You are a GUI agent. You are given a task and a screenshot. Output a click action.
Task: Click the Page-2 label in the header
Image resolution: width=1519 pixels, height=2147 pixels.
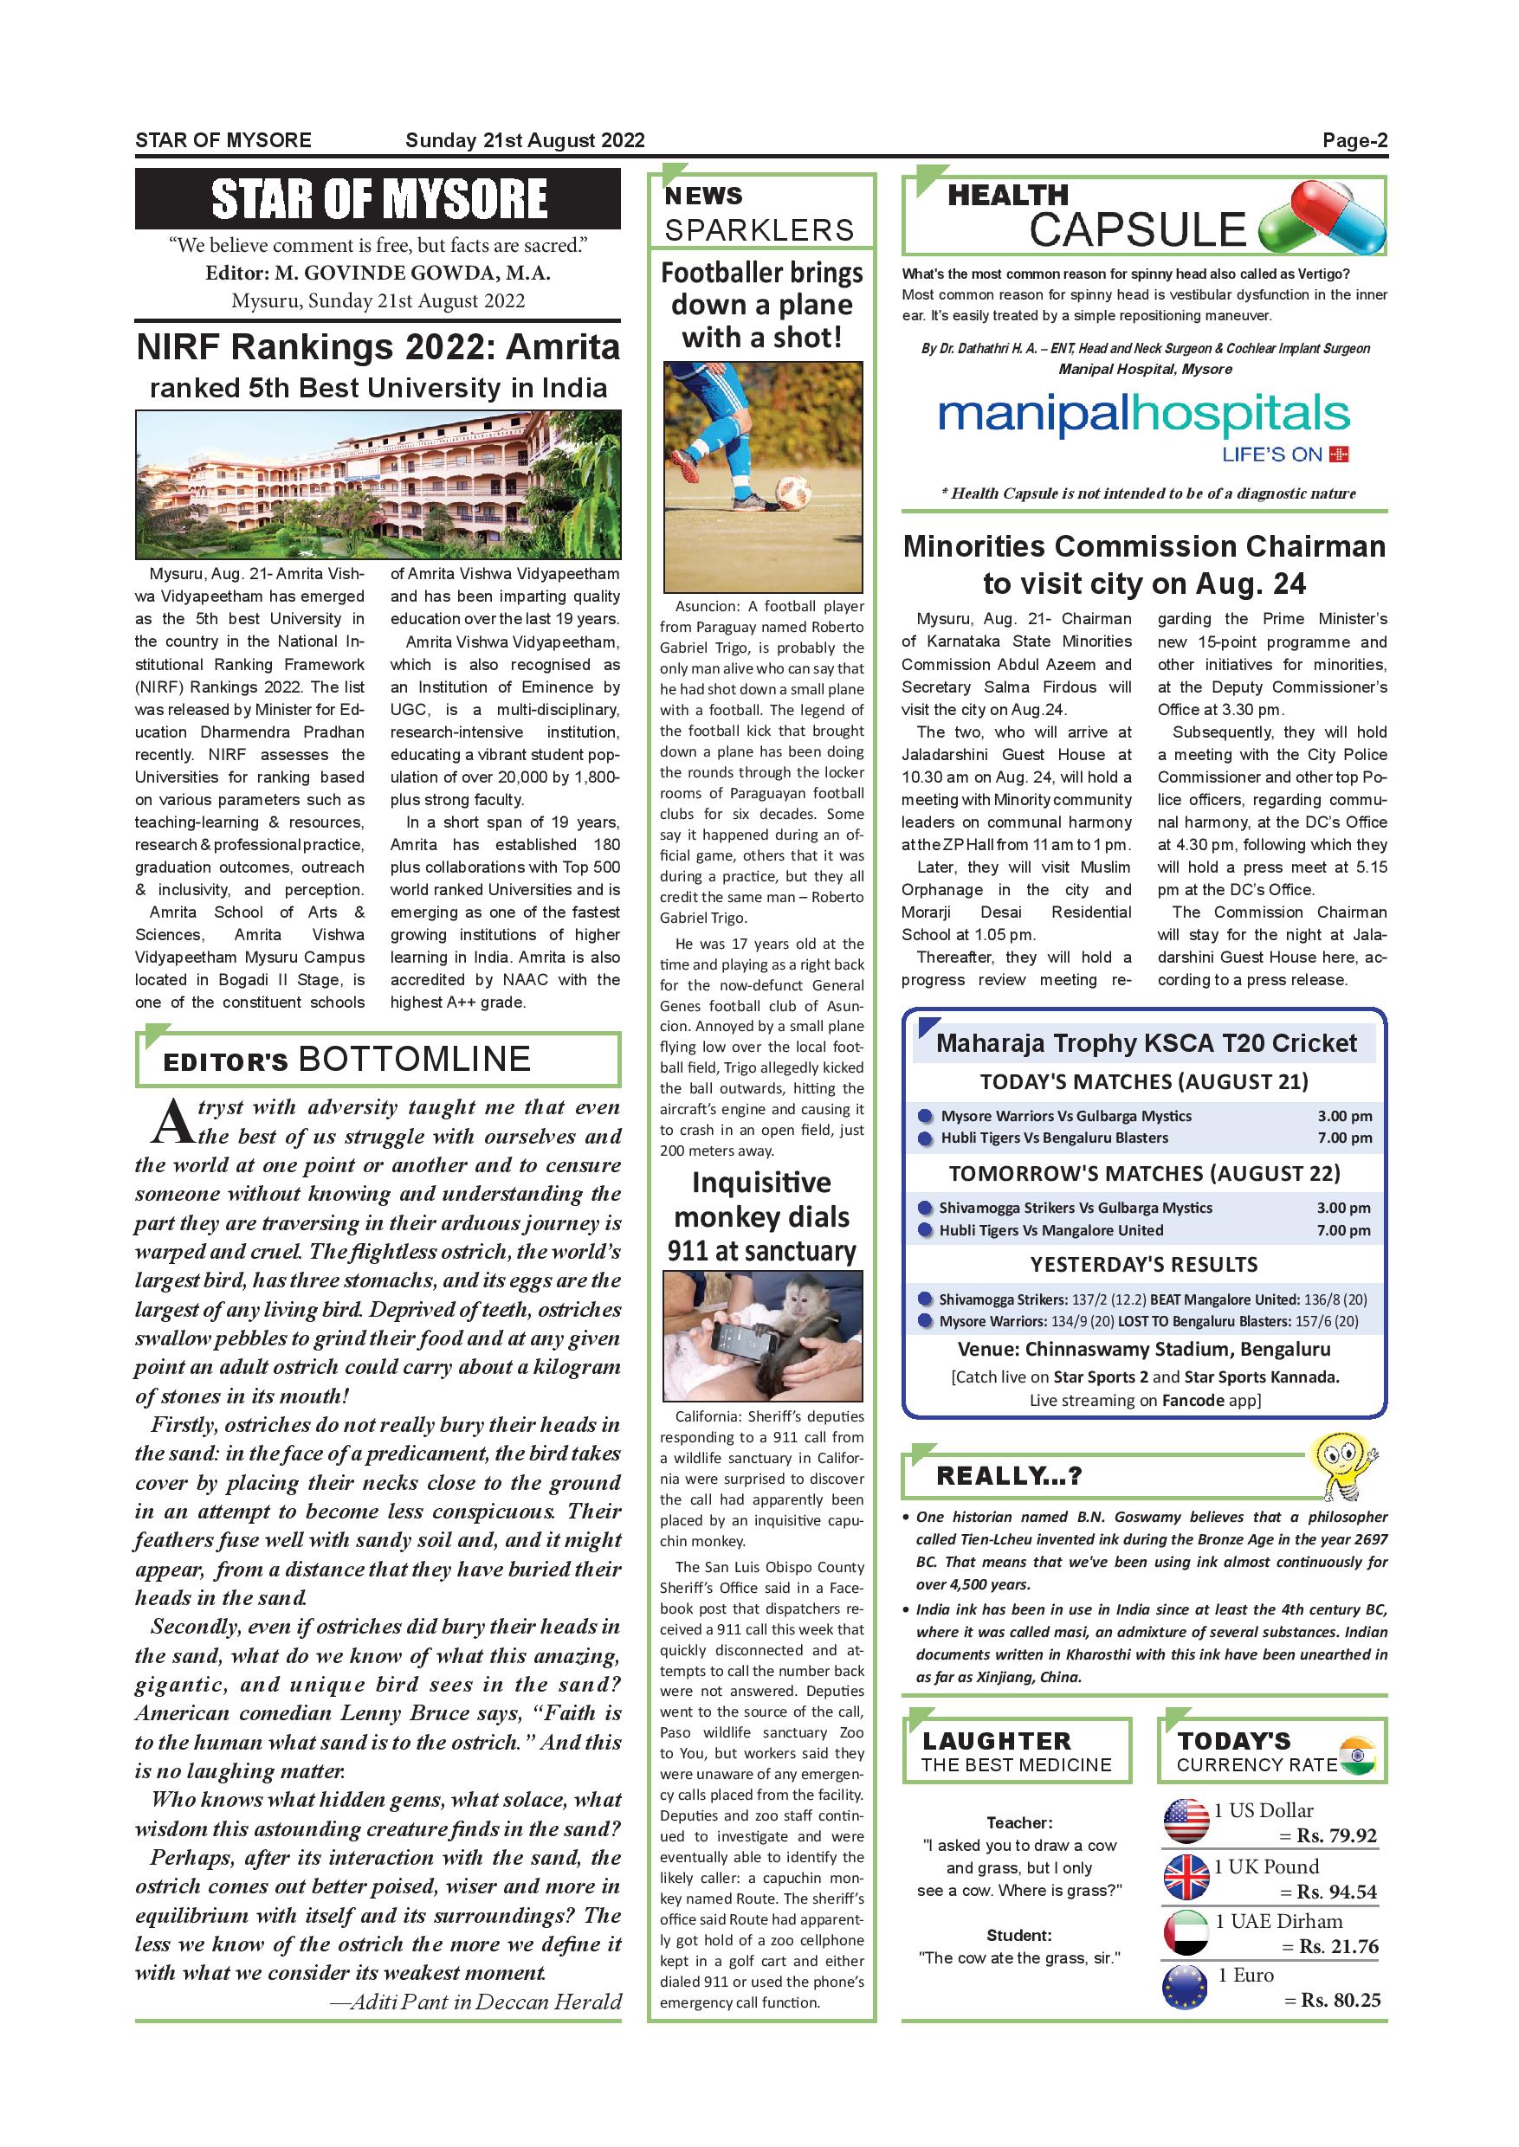(1354, 141)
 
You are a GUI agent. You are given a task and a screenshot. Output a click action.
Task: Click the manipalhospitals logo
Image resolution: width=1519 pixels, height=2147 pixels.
(1143, 417)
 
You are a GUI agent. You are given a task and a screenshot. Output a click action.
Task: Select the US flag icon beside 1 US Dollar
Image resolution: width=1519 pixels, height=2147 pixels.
(1186, 1821)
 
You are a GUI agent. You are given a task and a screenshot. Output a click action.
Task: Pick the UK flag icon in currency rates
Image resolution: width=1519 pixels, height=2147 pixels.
(1186, 1876)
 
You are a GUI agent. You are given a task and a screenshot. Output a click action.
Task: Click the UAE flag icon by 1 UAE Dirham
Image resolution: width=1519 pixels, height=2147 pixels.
(1186, 1932)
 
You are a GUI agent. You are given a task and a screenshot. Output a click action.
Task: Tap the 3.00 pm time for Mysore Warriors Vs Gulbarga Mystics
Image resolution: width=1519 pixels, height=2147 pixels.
(1344, 1116)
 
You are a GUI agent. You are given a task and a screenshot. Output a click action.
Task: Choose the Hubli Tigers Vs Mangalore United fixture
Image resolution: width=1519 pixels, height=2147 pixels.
(1051, 1230)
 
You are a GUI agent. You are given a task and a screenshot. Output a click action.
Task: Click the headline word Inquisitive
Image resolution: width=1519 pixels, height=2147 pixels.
(761, 1183)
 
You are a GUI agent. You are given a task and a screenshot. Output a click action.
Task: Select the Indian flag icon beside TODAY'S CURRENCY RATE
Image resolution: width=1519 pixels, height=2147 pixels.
(1358, 1755)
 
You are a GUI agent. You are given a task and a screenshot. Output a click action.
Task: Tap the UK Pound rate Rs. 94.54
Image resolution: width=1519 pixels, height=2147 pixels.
(1335, 1892)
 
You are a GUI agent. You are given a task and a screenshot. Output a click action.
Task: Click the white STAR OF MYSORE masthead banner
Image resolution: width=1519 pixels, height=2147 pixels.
(378, 198)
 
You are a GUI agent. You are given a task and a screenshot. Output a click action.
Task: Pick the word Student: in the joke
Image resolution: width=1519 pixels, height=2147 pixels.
(1018, 1935)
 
